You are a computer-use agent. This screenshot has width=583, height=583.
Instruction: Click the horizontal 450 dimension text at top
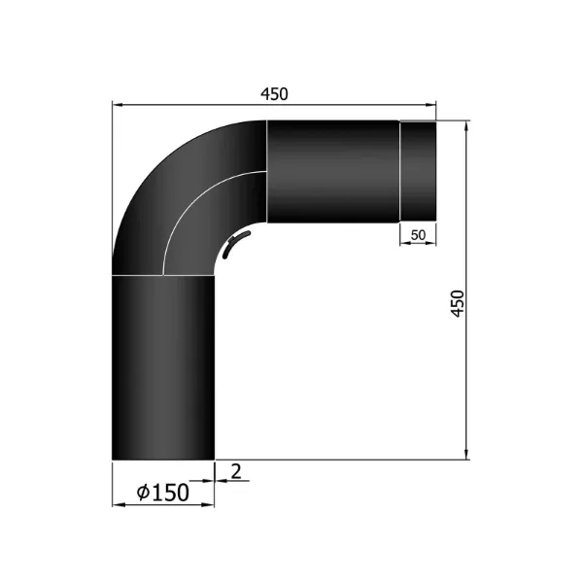click(275, 93)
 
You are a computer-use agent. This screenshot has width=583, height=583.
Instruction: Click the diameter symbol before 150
click(143, 494)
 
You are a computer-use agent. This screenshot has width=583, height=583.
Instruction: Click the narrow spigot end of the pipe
click(418, 171)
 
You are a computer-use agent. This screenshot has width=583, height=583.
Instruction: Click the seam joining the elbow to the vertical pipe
click(163, 275)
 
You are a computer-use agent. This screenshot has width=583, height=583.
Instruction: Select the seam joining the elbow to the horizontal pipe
click(266, 171)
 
